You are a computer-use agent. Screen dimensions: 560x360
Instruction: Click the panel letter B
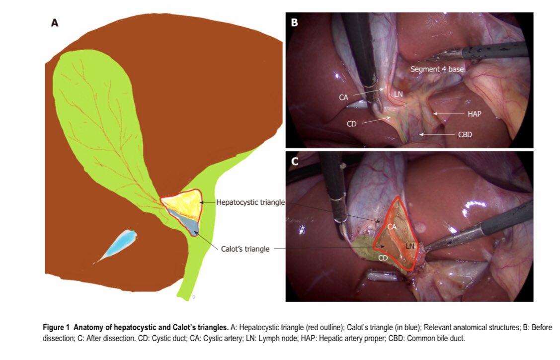tap(294, 23)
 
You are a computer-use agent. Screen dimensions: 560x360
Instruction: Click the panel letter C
tap(294, 161)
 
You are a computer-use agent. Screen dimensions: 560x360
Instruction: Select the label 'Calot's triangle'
tap(245, 249)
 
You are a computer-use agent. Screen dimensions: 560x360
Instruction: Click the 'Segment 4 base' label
tap(437, 70)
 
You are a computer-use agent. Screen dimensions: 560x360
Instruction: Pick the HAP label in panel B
tap(475, 114)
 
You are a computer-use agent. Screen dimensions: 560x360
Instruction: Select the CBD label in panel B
tap(465, 135)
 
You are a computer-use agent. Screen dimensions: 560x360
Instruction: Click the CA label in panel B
tap(343, 97)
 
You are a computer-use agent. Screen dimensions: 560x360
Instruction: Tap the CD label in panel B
tap(352, 124)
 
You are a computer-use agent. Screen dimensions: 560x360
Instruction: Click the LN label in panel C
tap(410, 246)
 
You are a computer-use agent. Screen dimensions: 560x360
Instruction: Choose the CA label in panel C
tap(392, 227)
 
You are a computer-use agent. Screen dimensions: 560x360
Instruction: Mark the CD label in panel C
tap(383, 258)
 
